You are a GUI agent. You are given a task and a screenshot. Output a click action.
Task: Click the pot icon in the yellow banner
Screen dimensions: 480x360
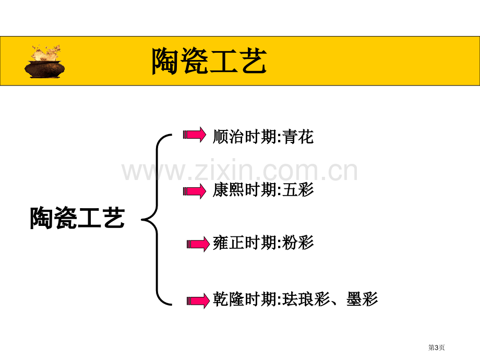coord(45,62)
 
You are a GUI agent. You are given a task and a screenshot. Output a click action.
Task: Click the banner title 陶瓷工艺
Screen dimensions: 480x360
coord(209,61)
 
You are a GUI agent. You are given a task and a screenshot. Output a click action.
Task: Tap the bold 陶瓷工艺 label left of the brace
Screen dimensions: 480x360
coord(77,218)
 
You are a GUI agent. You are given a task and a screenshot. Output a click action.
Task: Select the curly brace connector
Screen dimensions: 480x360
coord(157,220)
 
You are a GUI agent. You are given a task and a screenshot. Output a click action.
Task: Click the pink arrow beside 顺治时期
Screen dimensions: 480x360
coord(195,135)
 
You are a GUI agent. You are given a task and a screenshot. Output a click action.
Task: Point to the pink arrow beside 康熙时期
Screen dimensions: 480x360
coord(195,191)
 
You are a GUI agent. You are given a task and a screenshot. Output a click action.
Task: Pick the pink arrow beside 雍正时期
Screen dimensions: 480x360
coord(198,244)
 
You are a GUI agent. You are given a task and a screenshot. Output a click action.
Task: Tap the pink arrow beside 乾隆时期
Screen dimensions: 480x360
coord(198,301)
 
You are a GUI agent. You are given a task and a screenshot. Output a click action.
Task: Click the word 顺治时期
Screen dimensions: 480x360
coord(245,137)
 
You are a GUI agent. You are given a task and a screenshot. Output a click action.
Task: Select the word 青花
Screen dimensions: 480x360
coord(298,137)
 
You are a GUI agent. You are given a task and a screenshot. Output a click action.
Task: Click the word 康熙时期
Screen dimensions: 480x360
coord(245,189)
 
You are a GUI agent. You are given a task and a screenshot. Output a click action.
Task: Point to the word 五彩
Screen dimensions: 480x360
coord(298,189)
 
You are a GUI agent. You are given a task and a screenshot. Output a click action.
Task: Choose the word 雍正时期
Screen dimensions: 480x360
coord(245,243)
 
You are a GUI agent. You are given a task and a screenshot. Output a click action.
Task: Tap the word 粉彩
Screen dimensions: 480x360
coord(298,243)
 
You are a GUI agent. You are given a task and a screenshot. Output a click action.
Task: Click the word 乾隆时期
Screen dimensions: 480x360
coord(245,299)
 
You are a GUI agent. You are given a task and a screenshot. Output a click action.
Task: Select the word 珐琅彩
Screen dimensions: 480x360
coord(306,299)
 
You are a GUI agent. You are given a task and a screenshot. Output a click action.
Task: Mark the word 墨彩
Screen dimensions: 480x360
coord(362,299)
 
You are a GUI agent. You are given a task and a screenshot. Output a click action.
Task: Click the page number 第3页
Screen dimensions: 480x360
coord(436,347)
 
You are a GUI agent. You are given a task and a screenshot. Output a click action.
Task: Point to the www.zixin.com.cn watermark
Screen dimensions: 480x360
coord(239,171)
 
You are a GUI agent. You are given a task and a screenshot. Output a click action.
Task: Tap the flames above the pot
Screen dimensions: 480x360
coord(46,53)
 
